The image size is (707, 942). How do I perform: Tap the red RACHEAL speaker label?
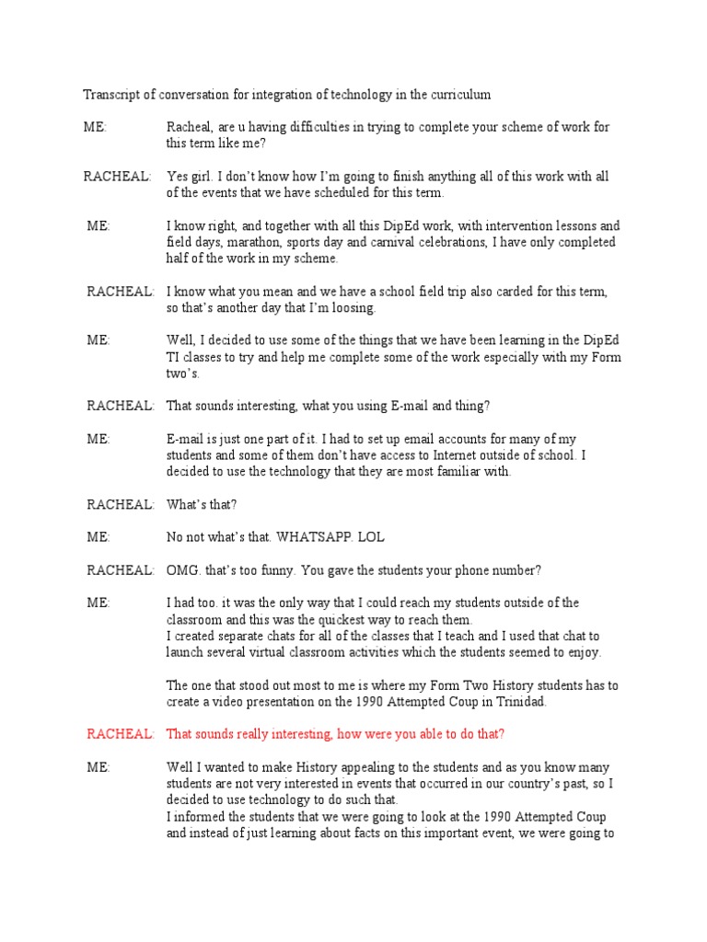pyautogui.click(x=120, y=733)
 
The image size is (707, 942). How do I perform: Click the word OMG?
pyautogui.click(x=182, y=570)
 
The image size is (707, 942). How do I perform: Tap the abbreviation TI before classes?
pyautogui.click(x=174, y=357)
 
